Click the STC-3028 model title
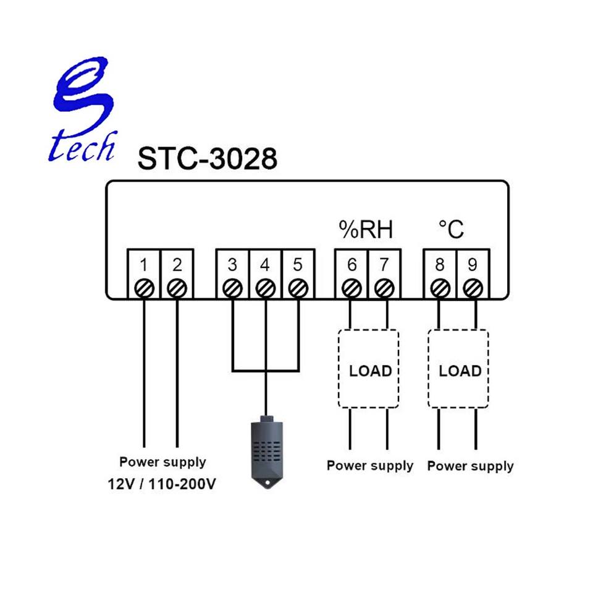(x=207, y=159)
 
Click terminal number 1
(x=143, y=266)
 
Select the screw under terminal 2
(x=177, y=288)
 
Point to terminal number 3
(x=232, y=266)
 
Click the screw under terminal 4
(x=266, y=288)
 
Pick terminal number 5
(x=298, y=266)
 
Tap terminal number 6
(x=351, y=266)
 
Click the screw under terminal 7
(x=385, y=288)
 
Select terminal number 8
(x=439, y=266)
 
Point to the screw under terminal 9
(x=473, y=288)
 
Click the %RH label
(x=366, y=230)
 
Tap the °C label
(x=451, y=230)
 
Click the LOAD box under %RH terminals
(x=369, y=370)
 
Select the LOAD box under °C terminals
(x=459, y=370)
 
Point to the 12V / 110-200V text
(x=162, y=484)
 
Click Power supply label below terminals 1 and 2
(x=162, y=462)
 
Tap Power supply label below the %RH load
(x=369, y=466)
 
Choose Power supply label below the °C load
(x=470, y=466)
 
